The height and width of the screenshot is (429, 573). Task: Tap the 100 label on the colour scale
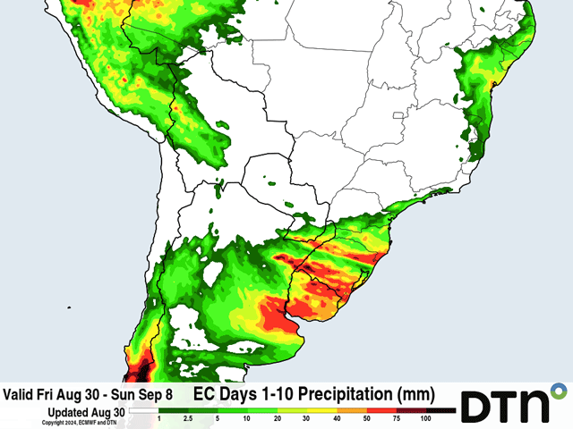point(426,418)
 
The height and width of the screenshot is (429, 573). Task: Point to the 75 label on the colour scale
point(396,418)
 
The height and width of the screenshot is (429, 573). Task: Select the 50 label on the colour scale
point(366,418)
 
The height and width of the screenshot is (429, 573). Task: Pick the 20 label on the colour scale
point(278,418)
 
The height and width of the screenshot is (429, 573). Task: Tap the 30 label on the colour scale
point(307,418)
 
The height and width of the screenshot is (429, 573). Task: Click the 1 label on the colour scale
point(159,418)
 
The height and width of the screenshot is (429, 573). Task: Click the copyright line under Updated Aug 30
point(81,421)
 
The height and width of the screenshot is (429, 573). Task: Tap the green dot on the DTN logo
point(560,391)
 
